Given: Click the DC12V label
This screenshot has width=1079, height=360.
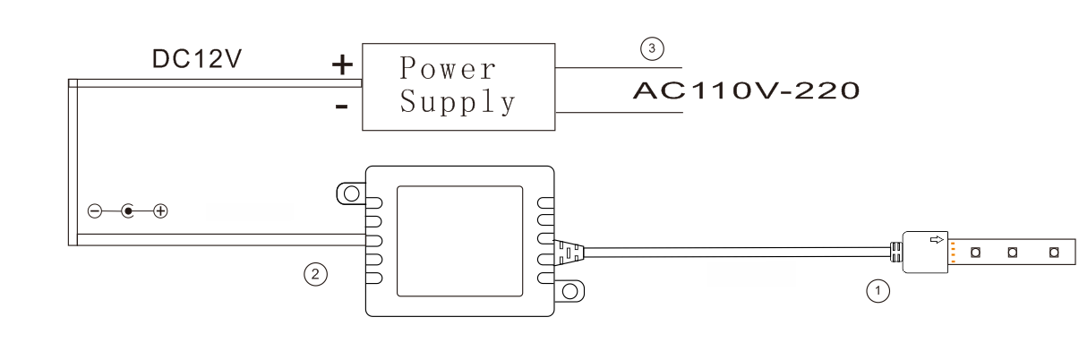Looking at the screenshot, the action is pyautogui.click(x=196, y=59).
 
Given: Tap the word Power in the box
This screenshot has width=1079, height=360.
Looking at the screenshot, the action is pyautogui.click(x=448, y=68).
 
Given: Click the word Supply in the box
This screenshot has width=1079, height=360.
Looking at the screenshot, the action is pyautogui.click(x=458, y=102).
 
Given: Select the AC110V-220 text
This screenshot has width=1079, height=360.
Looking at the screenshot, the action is pyautogui.click(x=746, y=90).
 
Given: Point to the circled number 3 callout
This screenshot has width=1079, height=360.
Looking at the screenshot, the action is pyautogui.click(x=652, y=48).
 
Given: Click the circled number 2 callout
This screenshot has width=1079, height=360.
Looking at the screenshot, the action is pyautogui.click(x=315, y=274).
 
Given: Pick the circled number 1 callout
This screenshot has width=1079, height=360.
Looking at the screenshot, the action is pyautogui.click(x=878, y=291).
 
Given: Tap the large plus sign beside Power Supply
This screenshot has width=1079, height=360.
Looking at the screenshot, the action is pyautogui.click(x=342, y=65).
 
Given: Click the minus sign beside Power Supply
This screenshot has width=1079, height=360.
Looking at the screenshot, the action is pyautogui.click(x=341, y=106).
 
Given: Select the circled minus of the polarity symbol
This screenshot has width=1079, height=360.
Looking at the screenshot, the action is pyautogui.click(x=95, y=211).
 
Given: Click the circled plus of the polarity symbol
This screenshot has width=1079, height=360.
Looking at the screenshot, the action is pyautogui.click(x=160, y=211).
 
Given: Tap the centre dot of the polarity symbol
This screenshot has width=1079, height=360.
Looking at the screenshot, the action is pyautogui.click(x=128, y=211).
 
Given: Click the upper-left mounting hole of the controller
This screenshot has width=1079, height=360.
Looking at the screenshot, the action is pyautogui.click(x=352, y=193).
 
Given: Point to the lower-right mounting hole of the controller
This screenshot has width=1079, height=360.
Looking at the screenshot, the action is pyautogui.click(x=569, y=291).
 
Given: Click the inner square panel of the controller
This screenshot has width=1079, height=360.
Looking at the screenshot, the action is pyautogui.click(x=459, y=241).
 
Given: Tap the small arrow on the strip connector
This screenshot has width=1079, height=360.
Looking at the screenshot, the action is pyautogui.click(x=937, y=239).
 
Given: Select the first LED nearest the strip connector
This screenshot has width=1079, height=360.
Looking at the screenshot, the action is pyautogui.click(x=975, y=252).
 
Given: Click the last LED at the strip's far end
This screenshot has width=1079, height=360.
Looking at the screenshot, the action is pyautogui.click(x=1054, y=252).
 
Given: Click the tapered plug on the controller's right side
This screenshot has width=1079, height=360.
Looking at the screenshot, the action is pyautogui.click(x=569, y=253).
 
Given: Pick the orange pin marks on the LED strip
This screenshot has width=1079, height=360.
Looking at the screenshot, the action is pyautogui.click(x=954, y=253).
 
